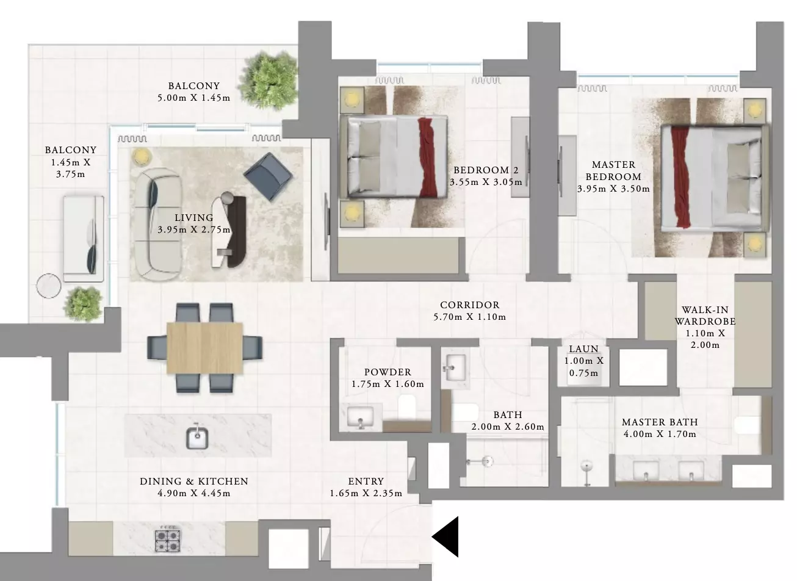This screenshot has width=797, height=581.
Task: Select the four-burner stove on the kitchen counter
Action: [x=168, y=541]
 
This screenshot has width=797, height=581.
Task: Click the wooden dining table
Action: [x=204, y=348]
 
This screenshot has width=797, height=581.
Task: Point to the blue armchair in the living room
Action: [x=268, y=177]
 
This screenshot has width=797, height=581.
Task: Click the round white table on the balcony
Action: [x=49, y=286]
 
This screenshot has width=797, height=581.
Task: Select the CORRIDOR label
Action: [x=470, y=305]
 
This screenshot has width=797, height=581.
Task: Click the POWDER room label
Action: [x=388, y=372]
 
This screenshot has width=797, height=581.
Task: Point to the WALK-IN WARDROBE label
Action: [x=705, y=316]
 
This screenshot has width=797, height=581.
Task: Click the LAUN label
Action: [x=583, y=349]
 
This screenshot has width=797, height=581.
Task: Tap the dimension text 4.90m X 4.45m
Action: [x=194, y=493]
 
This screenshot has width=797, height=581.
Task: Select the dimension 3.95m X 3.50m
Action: [x=613, y=189]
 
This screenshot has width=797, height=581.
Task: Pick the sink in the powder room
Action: [x=360, y=417]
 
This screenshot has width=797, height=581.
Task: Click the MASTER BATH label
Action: [x=660, y=422]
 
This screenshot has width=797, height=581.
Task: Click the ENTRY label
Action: [x=366, y=482]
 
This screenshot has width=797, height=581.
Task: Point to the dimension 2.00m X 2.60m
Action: [x=508, y=427]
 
